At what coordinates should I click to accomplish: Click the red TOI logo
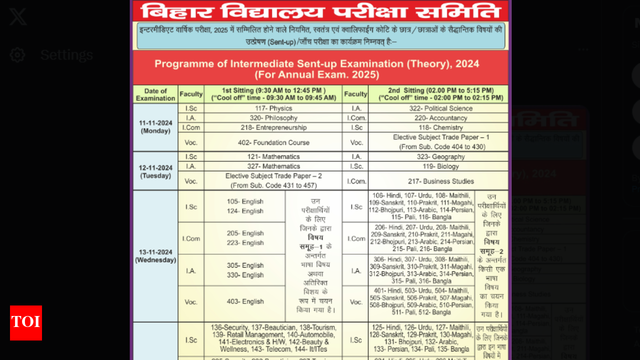tap(26, 323)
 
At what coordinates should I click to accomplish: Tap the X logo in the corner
tap(18, 17)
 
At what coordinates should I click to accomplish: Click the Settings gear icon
tap(17, 54)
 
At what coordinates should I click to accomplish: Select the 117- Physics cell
tap(273, 108)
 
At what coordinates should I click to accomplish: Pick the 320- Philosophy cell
tap(273, 118)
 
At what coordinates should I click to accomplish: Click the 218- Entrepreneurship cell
tap(273, 127)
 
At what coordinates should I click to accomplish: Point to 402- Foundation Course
tap(273, 142)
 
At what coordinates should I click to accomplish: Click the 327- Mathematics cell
tap(273, 166)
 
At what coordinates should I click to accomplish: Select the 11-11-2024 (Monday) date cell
tap(155, 127)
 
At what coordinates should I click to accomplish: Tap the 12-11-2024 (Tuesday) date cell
tap(155, 171)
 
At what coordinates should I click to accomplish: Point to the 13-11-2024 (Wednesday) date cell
tap(155, 256)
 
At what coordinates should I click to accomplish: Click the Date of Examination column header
tap(155, 94)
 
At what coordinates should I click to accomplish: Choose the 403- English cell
tap(245, 301)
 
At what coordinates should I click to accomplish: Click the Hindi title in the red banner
tap(320, 11)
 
